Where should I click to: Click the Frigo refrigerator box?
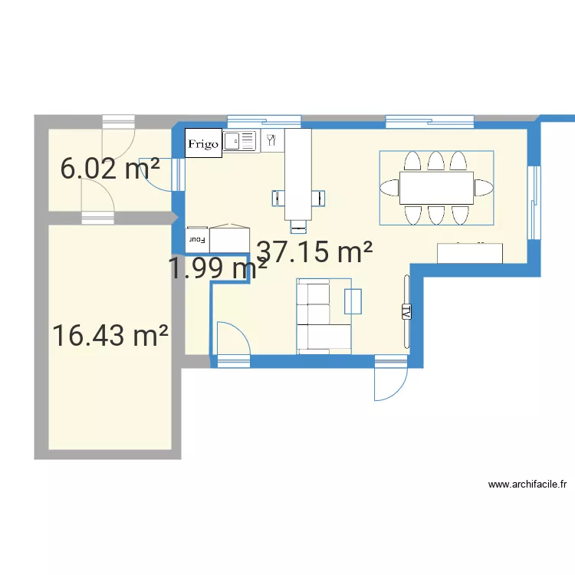coord(203,143)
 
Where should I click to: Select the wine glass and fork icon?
coord(271,140)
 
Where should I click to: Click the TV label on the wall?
coord(406,310)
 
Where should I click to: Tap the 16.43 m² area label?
coord(110,335)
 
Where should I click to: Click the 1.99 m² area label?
coord(218,268)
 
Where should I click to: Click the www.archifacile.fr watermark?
coord(527,485)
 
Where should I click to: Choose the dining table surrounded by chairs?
coord(436,188)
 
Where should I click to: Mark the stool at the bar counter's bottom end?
coord(298,225)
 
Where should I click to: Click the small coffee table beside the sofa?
coord(353,301)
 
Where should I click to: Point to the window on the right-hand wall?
coord(534,203)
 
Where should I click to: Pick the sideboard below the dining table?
coord(470,253)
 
